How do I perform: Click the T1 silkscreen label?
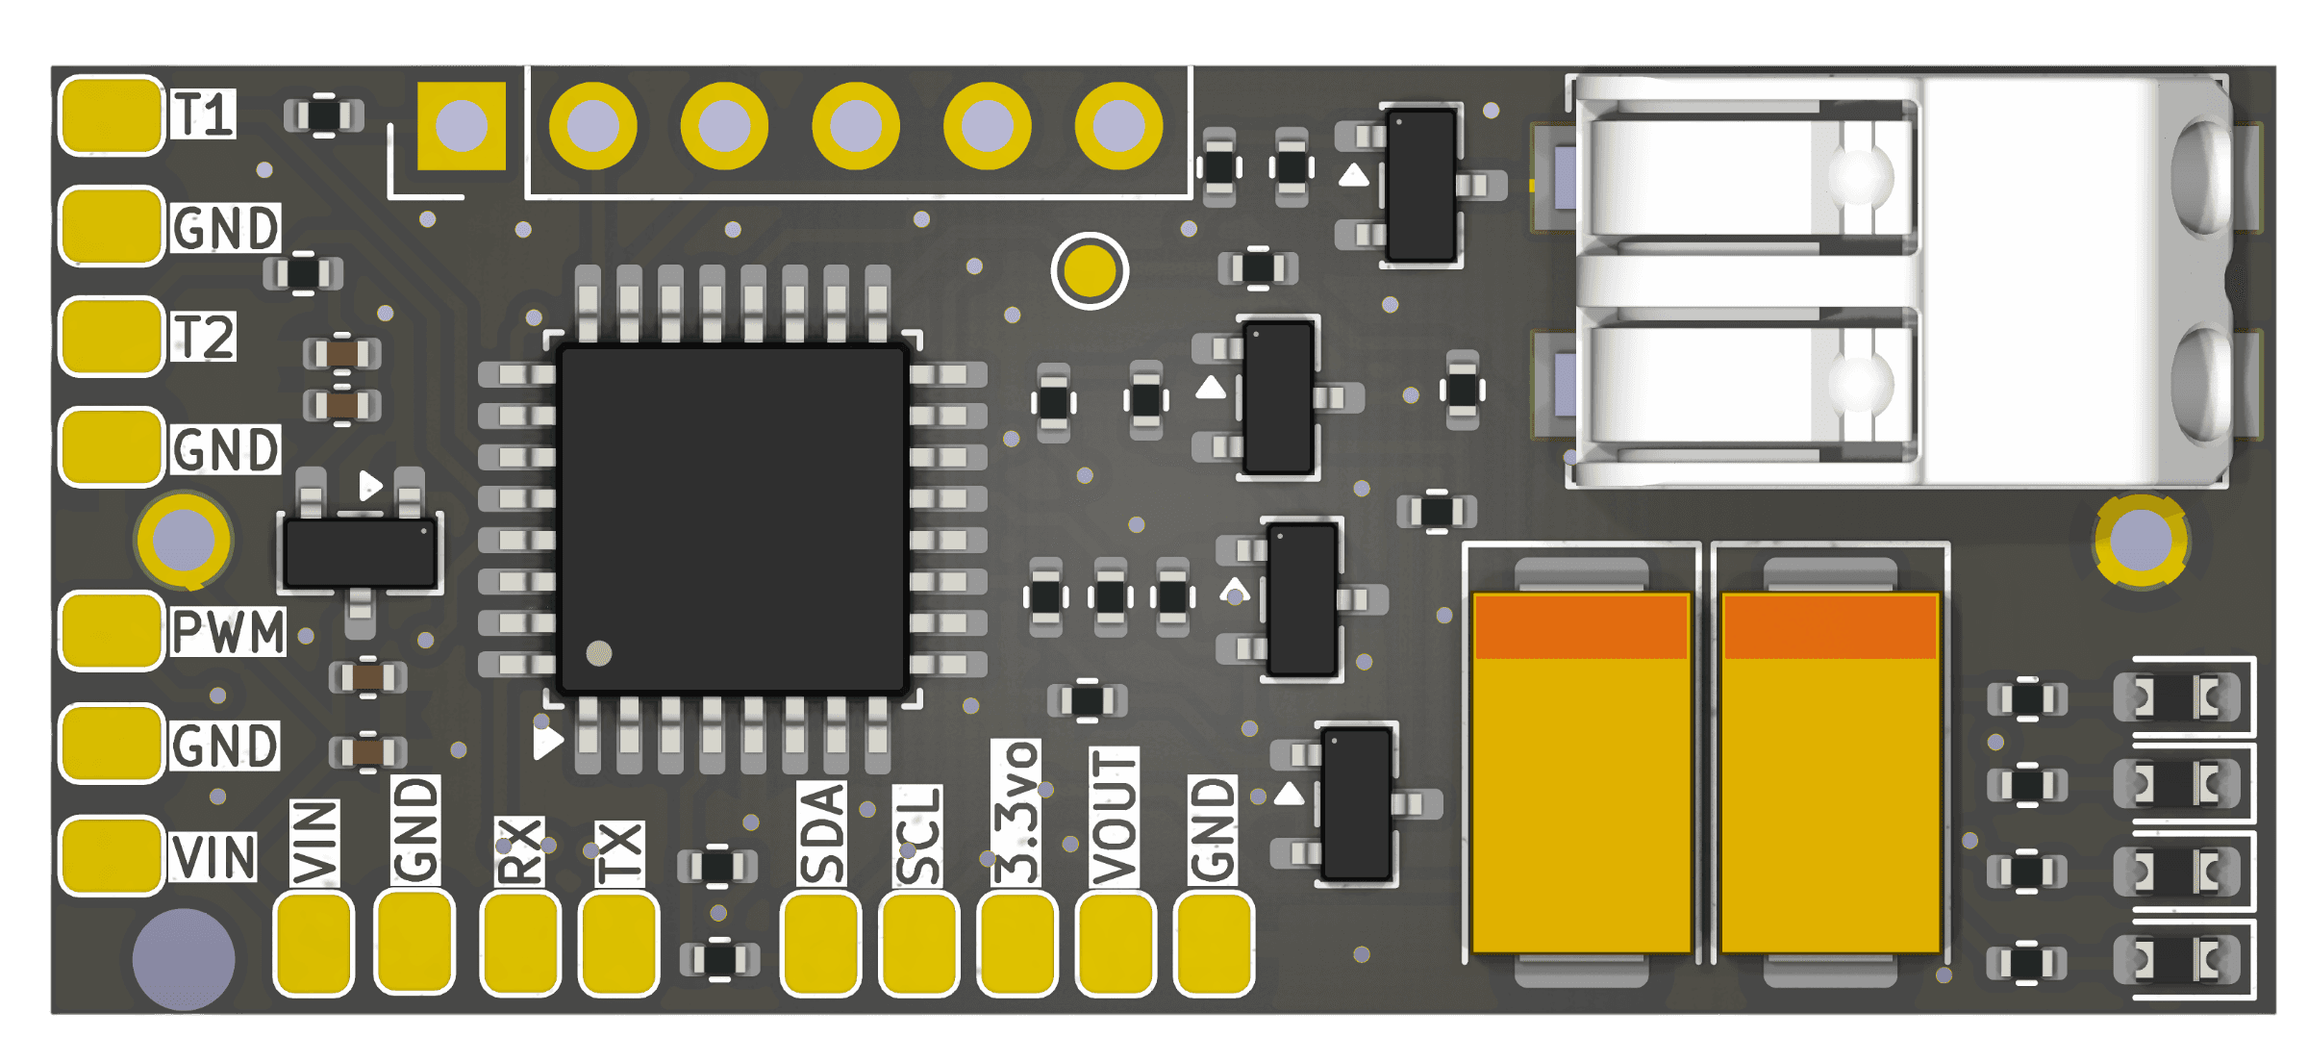[x=203, y=114]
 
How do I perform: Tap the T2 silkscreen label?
[x=203, y=337]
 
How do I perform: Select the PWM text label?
[x=228, y=632]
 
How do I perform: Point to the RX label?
[x=519, y=851]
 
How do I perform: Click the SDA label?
[x=822, y=833]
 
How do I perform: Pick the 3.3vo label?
[x=1016, y=813]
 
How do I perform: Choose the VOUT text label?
[x=1115, y=817]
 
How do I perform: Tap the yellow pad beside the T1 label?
[x=112, y=115]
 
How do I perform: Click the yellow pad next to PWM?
[x=112, y=631]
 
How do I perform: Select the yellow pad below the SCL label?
[x=919, y=944]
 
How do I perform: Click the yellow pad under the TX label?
[x=619, y=944]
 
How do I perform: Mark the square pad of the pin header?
[x=462, y=126]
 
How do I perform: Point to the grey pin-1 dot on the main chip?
[x=599, y=654]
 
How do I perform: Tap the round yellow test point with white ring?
[x=1090, y=271]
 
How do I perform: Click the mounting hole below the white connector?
[x=2142, y=541]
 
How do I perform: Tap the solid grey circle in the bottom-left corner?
[x=184, y=959]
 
